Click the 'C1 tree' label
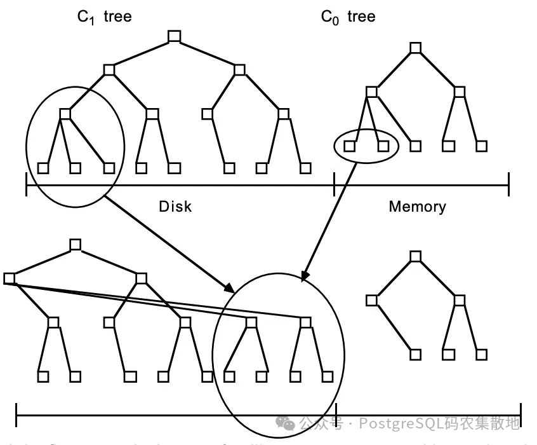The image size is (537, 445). (x=104, y=17)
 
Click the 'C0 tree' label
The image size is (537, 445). (x=348, y=17)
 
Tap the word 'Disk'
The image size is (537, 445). (x=175, y=207)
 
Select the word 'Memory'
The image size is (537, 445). (x=417, y=207)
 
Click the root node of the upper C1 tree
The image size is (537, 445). (x=175, y=36)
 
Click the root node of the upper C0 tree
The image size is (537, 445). (x=416, y=48)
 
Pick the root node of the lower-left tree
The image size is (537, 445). (x=76, y=245)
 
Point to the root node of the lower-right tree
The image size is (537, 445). (x=416, y=256)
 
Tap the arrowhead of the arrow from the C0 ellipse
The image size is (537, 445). (x=304, y=277)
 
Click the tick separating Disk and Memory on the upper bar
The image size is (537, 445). (x=335, y=186)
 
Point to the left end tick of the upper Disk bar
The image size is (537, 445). (x=26, y=186)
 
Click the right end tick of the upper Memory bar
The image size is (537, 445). (x=508, y=186)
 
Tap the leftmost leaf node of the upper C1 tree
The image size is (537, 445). (x=43, y=168)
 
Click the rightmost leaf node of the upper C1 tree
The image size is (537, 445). (x=305, y=168)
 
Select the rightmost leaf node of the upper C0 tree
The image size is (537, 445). (x=482, y=146)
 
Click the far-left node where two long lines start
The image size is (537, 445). (x=9, y=278)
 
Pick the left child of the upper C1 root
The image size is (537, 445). (x=109, y=69)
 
